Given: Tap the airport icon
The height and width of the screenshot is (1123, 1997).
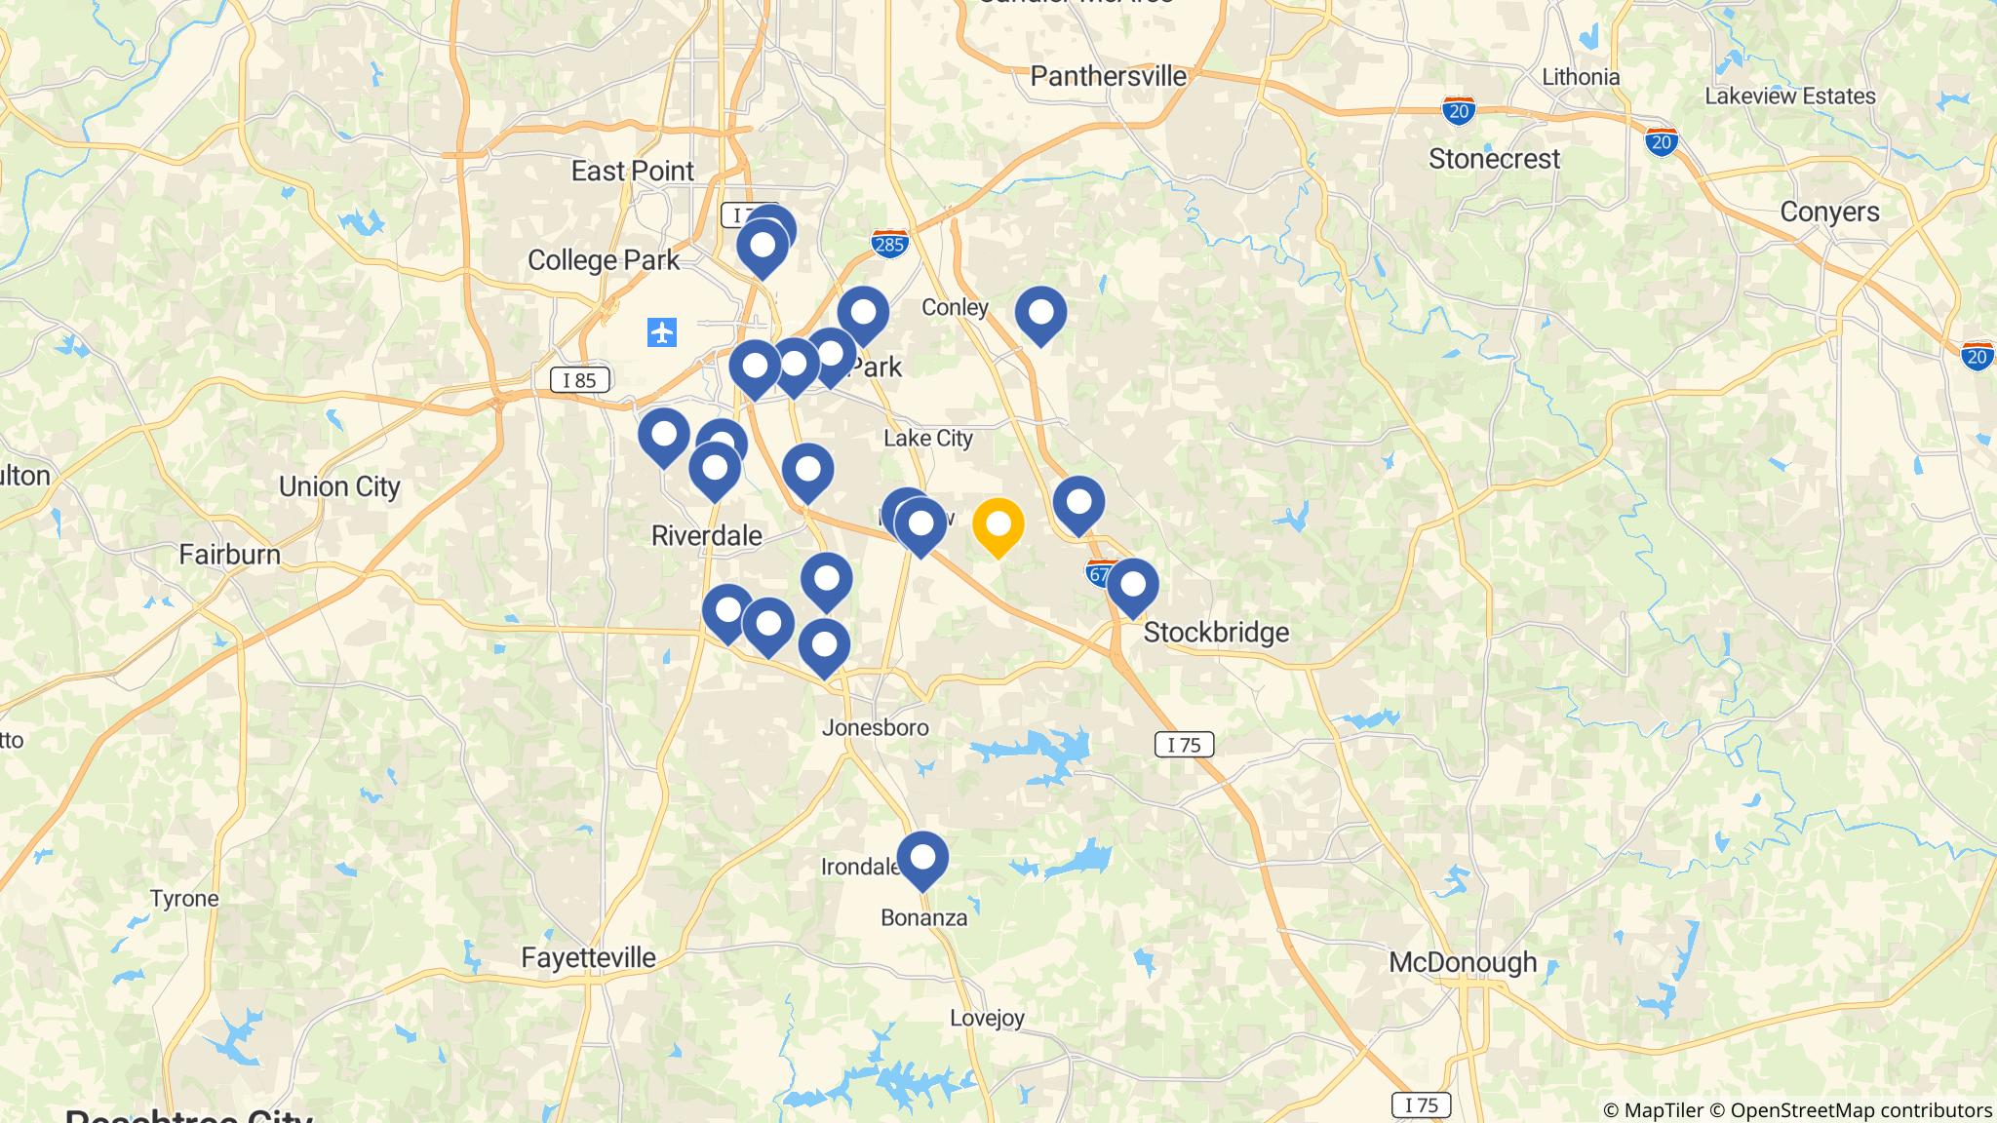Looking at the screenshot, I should [662, 333].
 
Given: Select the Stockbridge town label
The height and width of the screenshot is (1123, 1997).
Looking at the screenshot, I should [1216, 633].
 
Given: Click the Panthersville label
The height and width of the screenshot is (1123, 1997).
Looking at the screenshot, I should [1109, 76].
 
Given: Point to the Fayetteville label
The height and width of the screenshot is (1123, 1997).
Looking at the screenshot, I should [588, 957].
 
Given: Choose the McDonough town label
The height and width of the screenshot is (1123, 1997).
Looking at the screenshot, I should [1463, 963].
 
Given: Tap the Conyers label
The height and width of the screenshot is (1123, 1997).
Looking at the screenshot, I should [1829, 212].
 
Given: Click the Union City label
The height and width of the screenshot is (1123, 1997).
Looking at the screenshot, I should [339, 486].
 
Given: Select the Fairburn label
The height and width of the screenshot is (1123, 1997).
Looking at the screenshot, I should [229, 555].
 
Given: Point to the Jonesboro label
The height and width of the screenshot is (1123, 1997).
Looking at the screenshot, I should [876, 727].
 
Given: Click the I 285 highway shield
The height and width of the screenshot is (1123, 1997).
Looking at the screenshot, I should [889, 243].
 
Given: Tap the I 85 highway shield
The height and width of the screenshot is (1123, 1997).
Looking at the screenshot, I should [579, 380].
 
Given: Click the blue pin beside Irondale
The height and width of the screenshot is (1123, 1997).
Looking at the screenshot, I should [922, 859].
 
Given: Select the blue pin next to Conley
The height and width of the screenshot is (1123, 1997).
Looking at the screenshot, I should [1040, 314].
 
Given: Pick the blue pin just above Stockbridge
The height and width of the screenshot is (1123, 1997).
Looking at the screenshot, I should [1132, 586].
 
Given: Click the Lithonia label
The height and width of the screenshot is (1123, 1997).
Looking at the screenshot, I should [1581, 77].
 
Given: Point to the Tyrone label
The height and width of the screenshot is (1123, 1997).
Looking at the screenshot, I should [184, 899].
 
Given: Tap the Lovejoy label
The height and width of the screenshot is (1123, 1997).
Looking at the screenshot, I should [987, 1019].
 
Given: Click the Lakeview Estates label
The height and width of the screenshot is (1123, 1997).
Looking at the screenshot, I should [1790, 97].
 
